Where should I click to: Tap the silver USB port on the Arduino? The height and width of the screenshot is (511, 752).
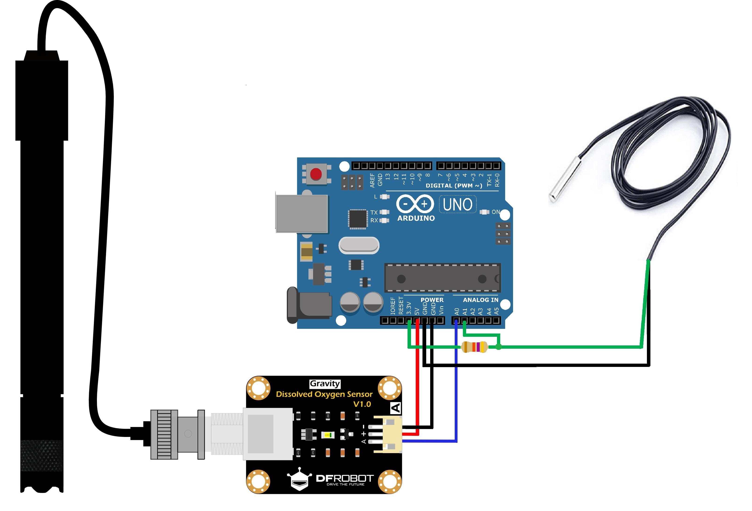click(302, 214)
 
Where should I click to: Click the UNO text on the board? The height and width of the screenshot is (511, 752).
click(457, 205)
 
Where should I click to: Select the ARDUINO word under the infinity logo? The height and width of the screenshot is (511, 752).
click(416, 218)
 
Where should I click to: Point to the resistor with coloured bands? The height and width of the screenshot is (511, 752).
click(474, 347)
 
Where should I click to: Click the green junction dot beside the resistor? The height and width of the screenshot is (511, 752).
click(499, 347)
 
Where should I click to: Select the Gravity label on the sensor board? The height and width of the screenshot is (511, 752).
click(325, 383)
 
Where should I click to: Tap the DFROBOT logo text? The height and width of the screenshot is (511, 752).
click(345, 478)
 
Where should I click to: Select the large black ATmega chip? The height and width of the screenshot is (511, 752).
click(442, 278)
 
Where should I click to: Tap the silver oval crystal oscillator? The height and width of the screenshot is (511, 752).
click(358, 245)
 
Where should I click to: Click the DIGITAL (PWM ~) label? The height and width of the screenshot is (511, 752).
click(454, 186)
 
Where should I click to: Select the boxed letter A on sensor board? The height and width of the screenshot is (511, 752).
click(396, 408)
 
